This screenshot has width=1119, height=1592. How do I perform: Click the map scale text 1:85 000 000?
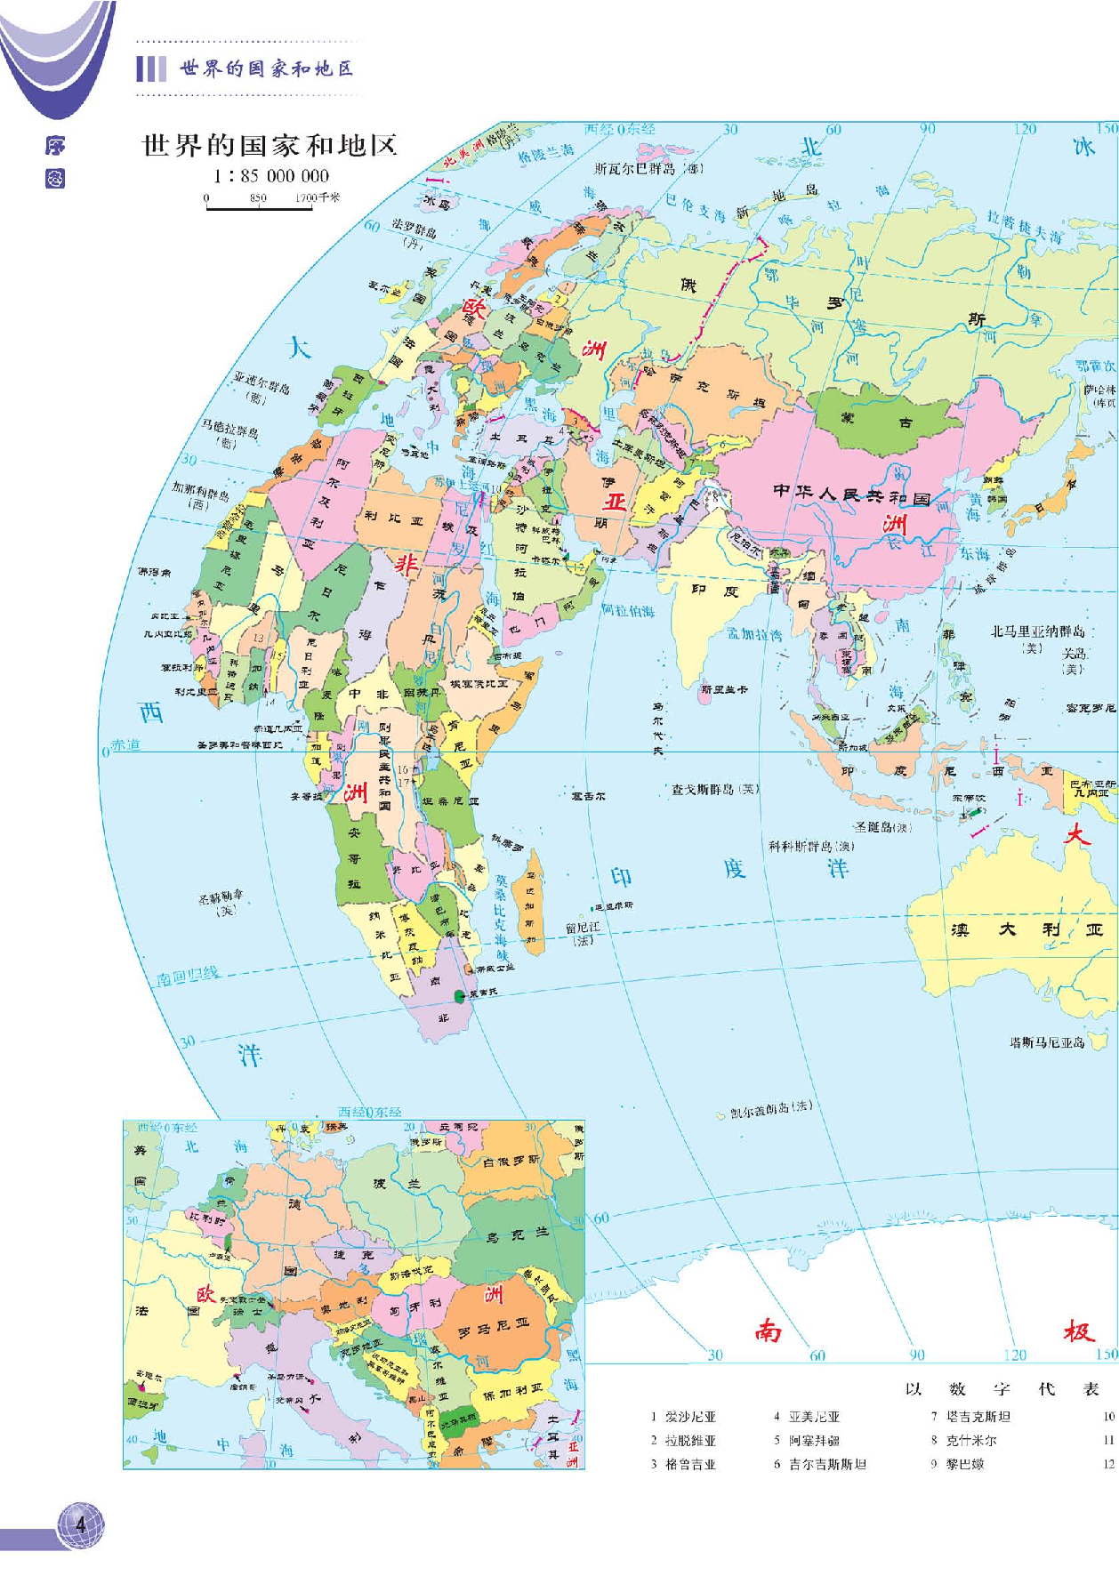click(270, 176)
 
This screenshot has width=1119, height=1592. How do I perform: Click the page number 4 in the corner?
click(81, 1524)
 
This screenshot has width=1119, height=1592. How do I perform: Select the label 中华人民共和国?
click(851, 494)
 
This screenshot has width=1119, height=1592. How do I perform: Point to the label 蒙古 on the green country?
click(875, 420)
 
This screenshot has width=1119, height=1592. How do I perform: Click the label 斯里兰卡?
click(724, 689)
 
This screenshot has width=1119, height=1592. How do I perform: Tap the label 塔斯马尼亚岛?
click(1047, 1042)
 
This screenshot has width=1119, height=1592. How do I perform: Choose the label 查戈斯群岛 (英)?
click(715, 789)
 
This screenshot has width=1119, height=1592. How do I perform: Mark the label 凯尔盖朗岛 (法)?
click(770, 1110)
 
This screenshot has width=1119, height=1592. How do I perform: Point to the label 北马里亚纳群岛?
click(1038, 631)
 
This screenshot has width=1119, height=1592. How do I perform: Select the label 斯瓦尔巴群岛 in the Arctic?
click(648, 168)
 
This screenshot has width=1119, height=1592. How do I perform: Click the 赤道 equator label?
click(125, 745)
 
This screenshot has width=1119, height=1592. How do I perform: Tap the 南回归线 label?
click(188, 977)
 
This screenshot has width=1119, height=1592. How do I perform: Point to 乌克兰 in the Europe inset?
click(517, 1235)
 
